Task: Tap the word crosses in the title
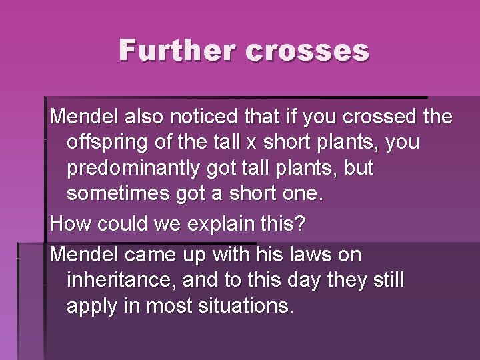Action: click(307, 51)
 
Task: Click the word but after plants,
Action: click(358, 169)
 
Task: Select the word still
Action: click(387, 281)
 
